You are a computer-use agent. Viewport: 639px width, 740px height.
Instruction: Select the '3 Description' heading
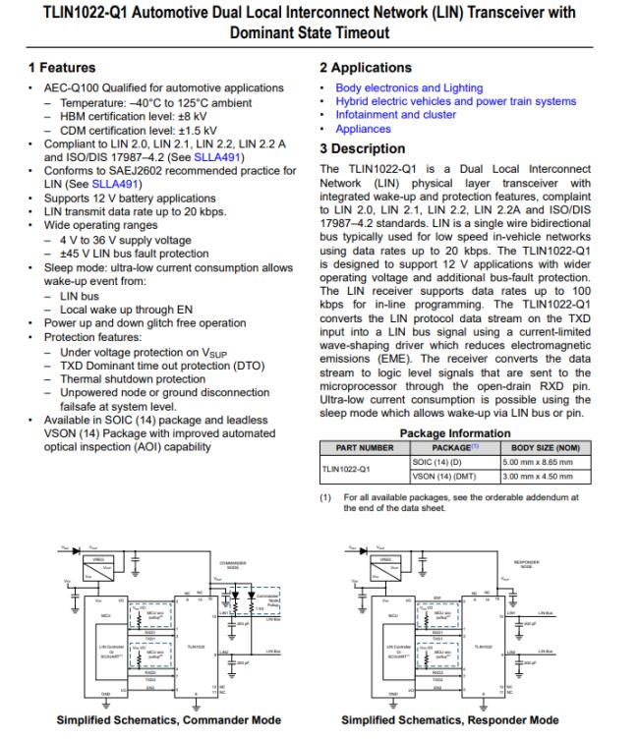(363, 148)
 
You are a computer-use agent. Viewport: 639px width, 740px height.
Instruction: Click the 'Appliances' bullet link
(363, 129)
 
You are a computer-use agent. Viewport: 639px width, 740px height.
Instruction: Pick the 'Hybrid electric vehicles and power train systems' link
(456, 101)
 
